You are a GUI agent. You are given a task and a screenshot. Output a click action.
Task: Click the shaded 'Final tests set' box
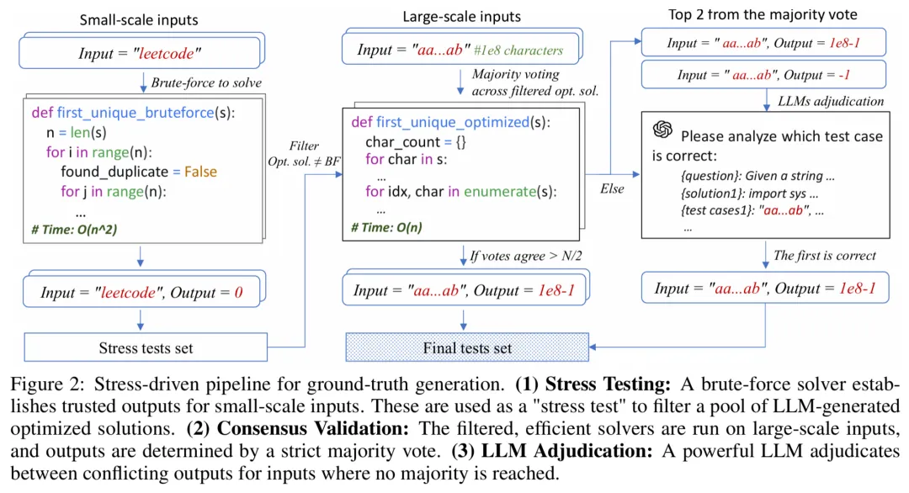(x=466, y=347)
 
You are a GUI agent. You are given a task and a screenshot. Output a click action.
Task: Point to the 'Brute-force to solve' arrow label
(x=205, y=82)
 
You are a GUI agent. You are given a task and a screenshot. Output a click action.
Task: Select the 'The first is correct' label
(x=824, y=255)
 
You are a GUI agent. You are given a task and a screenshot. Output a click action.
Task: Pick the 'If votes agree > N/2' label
(x=524, y=257)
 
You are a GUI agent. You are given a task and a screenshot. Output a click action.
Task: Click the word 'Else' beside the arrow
(x=611, y=188)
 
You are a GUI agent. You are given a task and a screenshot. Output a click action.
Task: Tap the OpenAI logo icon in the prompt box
(x=662, y=131)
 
